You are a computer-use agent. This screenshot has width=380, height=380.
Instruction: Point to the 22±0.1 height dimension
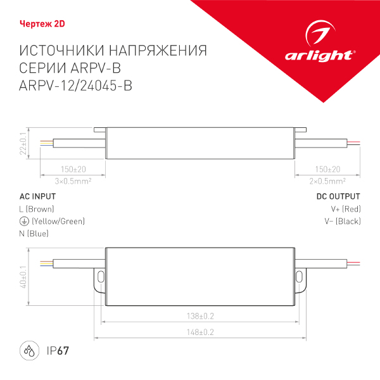23,143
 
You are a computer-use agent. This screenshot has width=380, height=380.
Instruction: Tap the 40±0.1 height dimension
23,277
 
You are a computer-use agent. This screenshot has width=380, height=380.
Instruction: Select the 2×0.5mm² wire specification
327,181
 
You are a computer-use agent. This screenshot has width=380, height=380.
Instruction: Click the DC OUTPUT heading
338,196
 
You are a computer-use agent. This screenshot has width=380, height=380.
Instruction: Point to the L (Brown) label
37,209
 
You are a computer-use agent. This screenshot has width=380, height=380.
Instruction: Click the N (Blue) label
34,234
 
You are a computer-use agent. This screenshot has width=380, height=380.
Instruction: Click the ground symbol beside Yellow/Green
24,221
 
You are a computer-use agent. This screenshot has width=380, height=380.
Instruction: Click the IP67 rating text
57,351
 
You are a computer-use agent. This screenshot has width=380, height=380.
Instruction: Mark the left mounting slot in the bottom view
100,276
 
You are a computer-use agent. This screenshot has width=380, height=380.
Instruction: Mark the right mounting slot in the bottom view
298,276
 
